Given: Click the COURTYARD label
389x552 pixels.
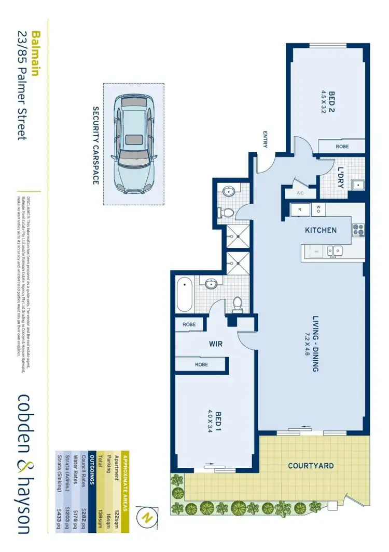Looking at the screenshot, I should click(x=311, y=466).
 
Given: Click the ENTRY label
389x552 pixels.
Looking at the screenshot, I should click(x=265, y=139).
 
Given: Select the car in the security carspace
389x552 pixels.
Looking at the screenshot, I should click(x=133, y=144).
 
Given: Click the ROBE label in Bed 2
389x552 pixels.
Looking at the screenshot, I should click(x=342, y=147).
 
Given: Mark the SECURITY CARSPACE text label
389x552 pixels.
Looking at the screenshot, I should click(x=95, y=145).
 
